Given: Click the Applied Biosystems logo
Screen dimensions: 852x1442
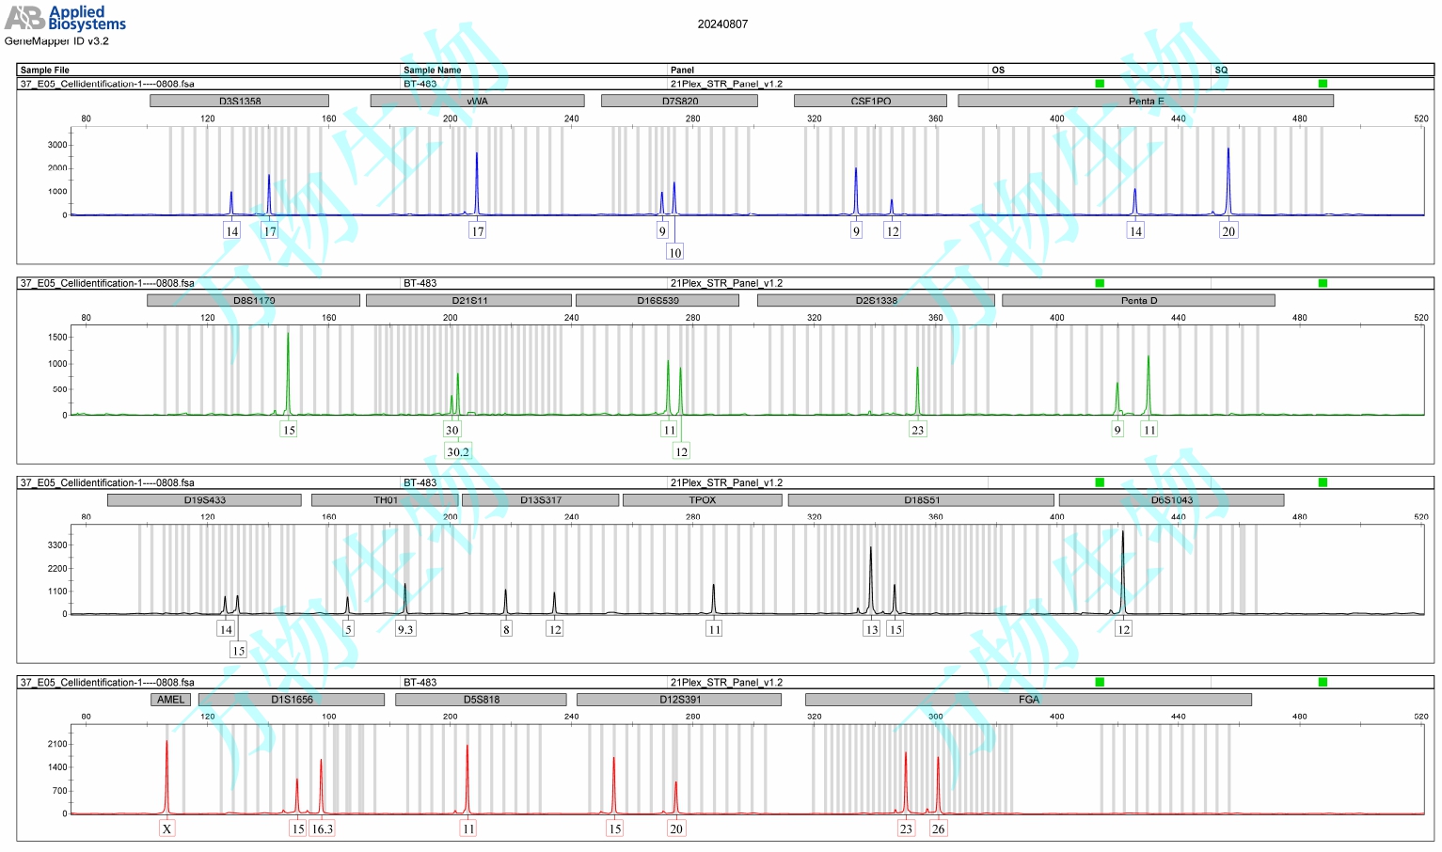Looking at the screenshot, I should [x=66, y=18].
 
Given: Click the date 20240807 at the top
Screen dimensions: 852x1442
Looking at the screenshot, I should [x=722, y=24].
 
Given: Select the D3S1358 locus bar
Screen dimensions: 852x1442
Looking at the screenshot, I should [x=240, y=101].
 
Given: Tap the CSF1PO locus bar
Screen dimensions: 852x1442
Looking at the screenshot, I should [x=870, y=101].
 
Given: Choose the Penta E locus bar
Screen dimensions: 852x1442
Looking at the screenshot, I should [x=1146, y=101].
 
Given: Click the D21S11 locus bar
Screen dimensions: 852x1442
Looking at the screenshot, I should [x=468, y=300].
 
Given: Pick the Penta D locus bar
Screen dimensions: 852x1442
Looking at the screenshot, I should [x=1138, y=300].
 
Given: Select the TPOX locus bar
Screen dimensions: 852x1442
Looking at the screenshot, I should [x=702, y=500].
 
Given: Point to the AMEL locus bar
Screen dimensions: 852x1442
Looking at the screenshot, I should [x=170, y=700].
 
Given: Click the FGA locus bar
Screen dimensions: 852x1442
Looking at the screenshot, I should [x=1028, y=700].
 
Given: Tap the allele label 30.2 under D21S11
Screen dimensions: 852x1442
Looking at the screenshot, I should [x=458, y=451].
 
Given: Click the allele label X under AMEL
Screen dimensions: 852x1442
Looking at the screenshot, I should [x=166, y=828].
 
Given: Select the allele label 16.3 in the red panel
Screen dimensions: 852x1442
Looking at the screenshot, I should [x=322, y=828].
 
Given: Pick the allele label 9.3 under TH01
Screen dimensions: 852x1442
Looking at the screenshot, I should [x=405, y=629].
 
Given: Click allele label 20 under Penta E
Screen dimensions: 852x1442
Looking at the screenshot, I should [x=1228, y=231].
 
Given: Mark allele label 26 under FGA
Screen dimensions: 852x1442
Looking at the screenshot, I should [x=938, y=828].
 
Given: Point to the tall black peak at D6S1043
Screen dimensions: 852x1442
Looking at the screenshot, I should [x=1122, y=564].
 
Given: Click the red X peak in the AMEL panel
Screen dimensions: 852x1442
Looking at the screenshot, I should [x=166, y=771].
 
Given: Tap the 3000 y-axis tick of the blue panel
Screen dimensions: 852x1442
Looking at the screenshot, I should [x=57, y=145].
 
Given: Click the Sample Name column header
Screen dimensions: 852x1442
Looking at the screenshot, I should [x=433, y=70].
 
